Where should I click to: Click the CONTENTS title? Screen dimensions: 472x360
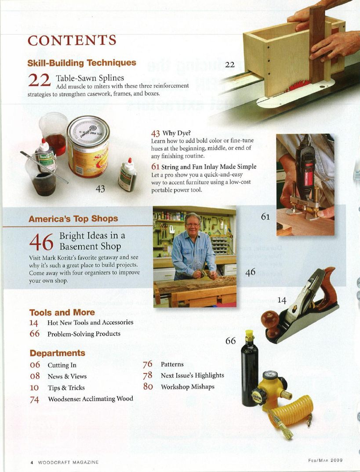tap(72, 40)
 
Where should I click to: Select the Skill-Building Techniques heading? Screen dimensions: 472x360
tap(82, 63)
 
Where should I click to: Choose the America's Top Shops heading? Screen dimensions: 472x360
tap(73, 219)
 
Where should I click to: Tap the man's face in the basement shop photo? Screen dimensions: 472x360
tap(192, 222)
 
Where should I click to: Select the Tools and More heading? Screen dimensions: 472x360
tap(62, 312)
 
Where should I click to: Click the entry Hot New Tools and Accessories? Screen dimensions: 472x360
tap(90, 323)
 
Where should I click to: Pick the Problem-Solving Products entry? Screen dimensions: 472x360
tap(84, 334)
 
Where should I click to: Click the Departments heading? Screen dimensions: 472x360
tap(57, 353)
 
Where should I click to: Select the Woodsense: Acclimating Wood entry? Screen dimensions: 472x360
tap(90, 399)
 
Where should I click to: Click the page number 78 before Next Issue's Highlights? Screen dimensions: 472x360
tap(148, 375)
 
